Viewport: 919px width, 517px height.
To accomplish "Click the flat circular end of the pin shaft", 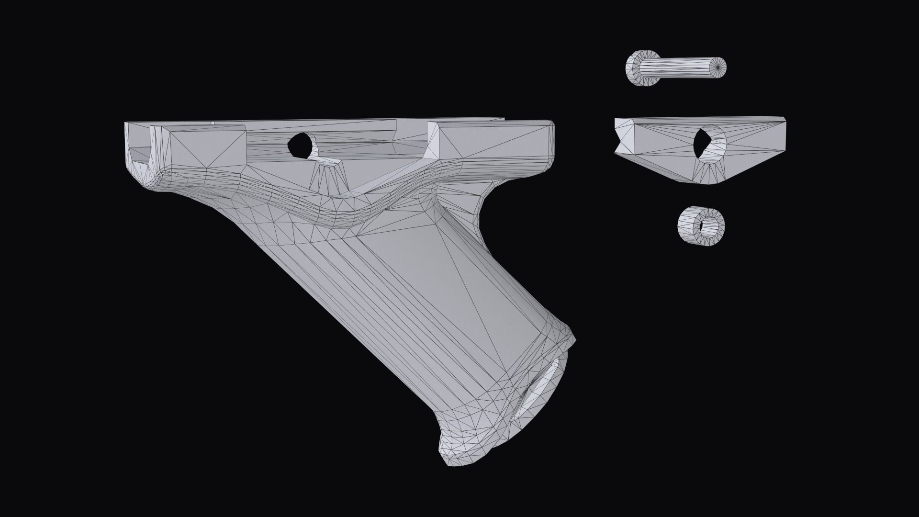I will click(718, 67).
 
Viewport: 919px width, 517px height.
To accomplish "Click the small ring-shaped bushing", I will click(701, 226).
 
